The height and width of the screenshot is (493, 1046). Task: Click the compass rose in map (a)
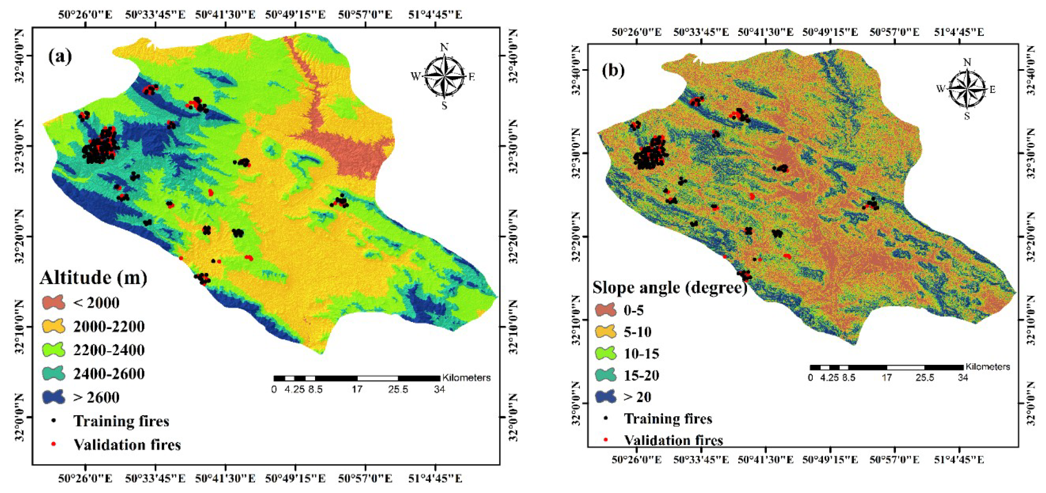pos(445,76)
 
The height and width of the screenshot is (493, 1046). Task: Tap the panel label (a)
pos(60,56)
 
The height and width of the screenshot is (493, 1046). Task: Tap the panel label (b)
pos(613,71)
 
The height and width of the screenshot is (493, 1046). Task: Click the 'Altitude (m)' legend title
pos(93,278)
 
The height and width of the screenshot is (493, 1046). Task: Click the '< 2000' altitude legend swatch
pos(54,303)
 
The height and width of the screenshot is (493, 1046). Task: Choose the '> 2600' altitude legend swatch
pos(54,397)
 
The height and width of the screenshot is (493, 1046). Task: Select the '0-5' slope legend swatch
pos(606,310)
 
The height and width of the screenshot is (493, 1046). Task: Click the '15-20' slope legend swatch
pos(606,375)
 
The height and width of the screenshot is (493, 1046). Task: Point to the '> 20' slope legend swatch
pos(606,397)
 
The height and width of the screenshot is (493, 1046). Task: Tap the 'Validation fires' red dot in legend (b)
pos(606,440)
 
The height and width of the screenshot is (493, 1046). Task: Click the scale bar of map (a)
pos(356,378)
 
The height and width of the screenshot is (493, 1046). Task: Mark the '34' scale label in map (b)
pos(963,377)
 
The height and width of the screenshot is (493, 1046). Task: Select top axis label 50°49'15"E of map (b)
pos(830,32)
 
